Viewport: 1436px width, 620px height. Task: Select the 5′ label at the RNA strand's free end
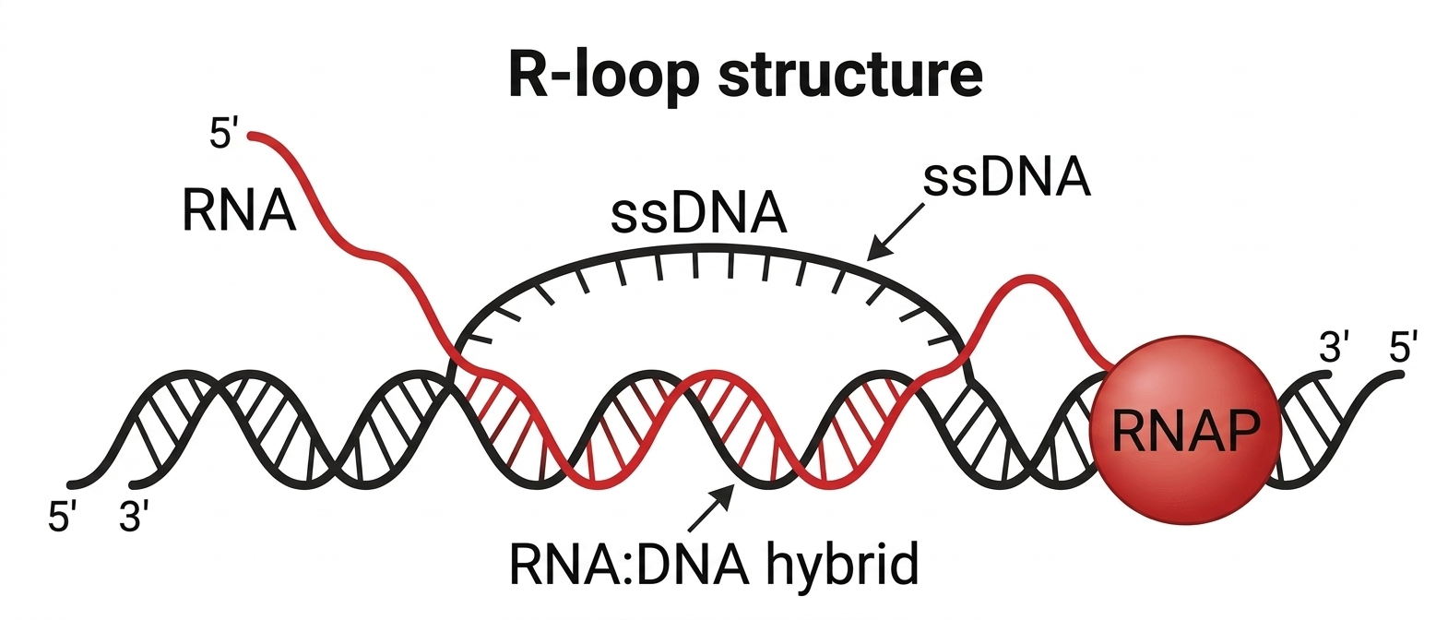pos(225,136)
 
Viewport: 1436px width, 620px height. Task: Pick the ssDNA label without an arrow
pos(700,213)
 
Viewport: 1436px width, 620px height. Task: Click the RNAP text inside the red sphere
pos(1185,429)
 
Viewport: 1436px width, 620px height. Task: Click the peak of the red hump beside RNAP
pos(1027,278)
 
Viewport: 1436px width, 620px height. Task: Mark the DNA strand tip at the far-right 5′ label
pos(1398,374)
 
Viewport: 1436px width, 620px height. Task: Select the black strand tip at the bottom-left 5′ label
pos(71,485)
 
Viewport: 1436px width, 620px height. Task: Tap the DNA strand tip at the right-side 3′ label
pos(1329,376)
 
